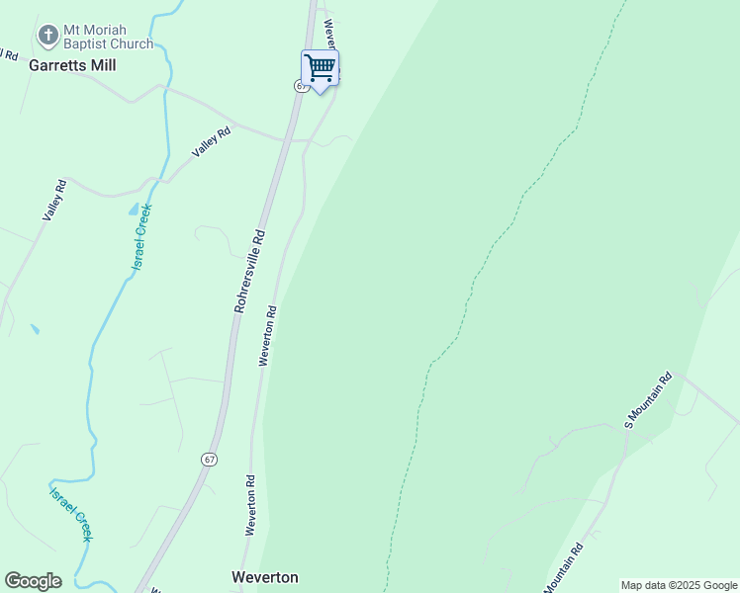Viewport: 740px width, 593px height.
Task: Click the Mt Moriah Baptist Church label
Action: click(x=108, y=37)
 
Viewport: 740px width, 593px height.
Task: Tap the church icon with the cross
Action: click(x=46, y=37)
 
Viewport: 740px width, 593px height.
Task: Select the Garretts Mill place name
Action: click(x=72, y=65)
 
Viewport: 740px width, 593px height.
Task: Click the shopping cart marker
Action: click(x=320, y=69)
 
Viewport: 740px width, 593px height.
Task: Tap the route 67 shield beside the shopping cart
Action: click(x=300, y=86)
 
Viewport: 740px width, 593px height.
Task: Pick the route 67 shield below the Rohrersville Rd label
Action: click(x=208, y=460)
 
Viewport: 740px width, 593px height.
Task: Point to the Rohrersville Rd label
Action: click(x=251, y=272)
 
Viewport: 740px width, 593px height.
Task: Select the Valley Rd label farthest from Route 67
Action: click(x=53, y=200)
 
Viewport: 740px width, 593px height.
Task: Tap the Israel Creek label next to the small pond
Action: click(x=142, y=237)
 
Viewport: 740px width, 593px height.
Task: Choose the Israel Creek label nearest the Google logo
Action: click(x=71, y=512)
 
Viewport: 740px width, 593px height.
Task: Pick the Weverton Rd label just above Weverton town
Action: click(x=251, y=505)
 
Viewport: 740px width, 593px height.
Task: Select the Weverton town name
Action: click(x=264, y=577)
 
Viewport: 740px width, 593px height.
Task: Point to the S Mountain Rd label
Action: click(x=648, y=399)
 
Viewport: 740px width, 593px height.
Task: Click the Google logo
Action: click(x=33, y=581)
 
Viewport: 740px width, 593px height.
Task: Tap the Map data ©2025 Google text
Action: click(x=679, y=585)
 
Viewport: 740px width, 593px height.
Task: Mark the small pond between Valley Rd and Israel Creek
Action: click(x=134, y=210)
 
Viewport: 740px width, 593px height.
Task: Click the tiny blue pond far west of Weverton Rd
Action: click(x=35, y=329)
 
